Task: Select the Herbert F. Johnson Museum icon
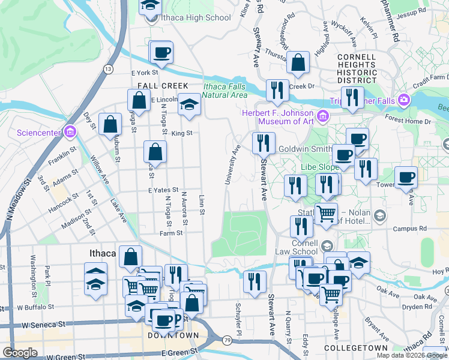point(323,115)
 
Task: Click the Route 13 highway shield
point(108,70)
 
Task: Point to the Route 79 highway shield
point(226,340)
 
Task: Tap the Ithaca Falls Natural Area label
point(225,90)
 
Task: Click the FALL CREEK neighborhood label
point(163,86)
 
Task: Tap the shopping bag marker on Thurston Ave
point(298,62)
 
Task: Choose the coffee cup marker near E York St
point(161,53)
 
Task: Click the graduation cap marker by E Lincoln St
point(189,104)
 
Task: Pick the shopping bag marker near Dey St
point(111,125)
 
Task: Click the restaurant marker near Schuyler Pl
point(255,281)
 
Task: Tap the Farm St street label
point(170,233)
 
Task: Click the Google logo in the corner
point(20,353)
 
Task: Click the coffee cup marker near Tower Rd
point(406,178)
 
